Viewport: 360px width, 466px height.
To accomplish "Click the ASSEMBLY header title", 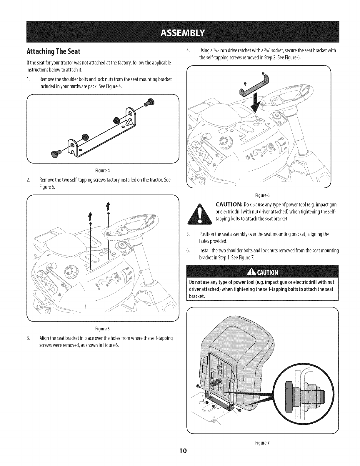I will [x=180, y=32].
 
